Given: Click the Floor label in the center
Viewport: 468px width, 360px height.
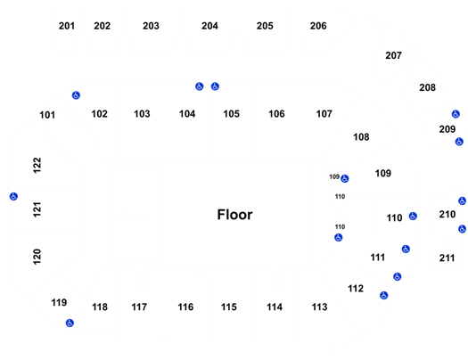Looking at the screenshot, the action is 234,215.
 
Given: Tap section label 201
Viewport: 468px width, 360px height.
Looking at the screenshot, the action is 67,26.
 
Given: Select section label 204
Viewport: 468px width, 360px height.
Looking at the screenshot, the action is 209,26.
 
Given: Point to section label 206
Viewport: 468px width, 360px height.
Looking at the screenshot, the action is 318,26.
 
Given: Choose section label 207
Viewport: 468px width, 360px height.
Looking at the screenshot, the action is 393,55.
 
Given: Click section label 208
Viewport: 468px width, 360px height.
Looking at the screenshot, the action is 427,87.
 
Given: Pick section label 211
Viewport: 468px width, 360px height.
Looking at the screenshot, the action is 447,258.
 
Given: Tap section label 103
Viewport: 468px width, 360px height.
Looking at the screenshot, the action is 142,114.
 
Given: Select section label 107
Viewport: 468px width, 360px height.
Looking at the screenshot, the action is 324,114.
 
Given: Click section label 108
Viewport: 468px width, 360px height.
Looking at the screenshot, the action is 361,137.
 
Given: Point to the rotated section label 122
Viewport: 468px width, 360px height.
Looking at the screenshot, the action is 37,165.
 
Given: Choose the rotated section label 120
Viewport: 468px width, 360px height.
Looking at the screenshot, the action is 37,257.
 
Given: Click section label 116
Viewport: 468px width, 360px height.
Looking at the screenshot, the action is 185,307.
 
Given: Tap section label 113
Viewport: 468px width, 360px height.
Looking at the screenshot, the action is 319,307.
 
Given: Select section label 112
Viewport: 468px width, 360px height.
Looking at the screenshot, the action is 356,289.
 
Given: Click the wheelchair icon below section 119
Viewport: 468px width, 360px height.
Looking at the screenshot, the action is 70,323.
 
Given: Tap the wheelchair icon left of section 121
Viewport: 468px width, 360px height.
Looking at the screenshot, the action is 13,197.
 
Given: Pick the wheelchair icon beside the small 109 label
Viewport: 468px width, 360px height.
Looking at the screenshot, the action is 345,178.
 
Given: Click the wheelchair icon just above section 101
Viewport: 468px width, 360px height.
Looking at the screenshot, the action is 76,95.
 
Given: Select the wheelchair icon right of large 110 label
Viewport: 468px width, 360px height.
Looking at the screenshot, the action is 413,216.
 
